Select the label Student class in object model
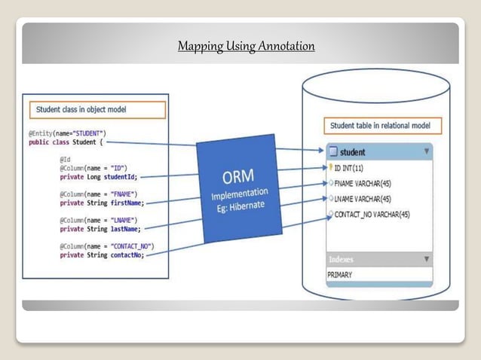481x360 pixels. pos(81,110)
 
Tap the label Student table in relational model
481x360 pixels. pos(384,126)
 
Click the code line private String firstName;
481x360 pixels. pos(102,202)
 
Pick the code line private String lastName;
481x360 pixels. pos(100,228)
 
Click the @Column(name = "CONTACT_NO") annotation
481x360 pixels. pos(107,246)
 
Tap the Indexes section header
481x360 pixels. pos(341,260)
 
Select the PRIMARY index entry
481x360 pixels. pos(339,275)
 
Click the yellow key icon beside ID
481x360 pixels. pos(330,167)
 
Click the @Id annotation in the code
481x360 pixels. pos(65,159)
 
